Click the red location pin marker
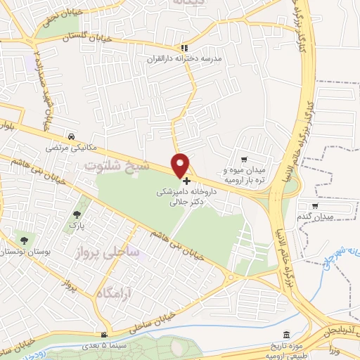[181, 165]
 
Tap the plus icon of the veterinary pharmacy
[186, 181]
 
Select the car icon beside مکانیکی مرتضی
[71, 138]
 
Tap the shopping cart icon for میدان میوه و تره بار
[244, 160]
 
